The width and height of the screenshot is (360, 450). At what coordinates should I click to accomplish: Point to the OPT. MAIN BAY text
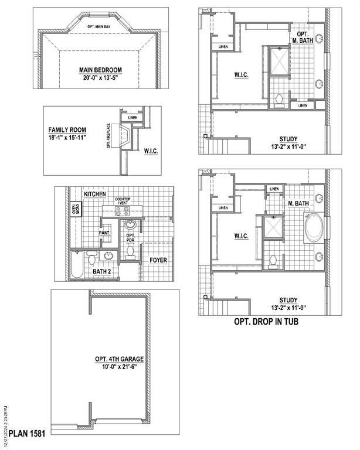click(99, 27)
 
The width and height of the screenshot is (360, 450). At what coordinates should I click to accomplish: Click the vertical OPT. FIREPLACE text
click(108, 135)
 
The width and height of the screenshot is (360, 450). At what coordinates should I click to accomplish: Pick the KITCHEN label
click(95, 193)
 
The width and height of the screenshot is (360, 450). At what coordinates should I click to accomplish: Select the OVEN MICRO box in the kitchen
click(75, 209)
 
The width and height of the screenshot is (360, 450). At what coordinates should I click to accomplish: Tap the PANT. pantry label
click(104, 233)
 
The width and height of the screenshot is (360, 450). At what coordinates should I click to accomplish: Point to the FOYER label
click(158, 259)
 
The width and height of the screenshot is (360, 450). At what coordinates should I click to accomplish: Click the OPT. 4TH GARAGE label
click(119, 359)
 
